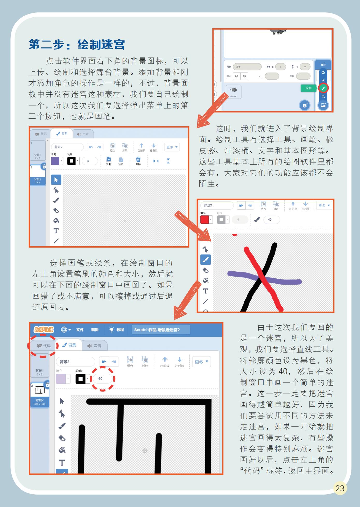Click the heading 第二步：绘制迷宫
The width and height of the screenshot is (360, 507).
pos(77,45)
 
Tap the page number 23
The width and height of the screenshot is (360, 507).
pos(340,488)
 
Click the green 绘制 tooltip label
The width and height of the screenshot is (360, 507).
pos(308,88)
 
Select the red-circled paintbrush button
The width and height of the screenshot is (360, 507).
pos(323,88)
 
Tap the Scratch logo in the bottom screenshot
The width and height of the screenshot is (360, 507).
pos(44,329)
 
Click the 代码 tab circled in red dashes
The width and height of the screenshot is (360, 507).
pos(44,346)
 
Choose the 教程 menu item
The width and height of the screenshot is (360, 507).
pos(117,330)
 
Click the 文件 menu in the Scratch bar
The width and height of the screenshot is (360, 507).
pos(80,330)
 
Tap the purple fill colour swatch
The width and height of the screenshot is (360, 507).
pos(55,161)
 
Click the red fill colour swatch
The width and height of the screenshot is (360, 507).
pos(204,220)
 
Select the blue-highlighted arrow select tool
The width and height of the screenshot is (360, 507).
pos(56,180)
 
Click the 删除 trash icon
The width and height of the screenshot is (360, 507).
pos(138,161)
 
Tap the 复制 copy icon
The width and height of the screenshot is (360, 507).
pos(109,161)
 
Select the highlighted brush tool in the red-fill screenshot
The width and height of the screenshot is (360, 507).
pos(206,260)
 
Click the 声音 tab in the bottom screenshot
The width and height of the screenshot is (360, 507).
pos(94,346)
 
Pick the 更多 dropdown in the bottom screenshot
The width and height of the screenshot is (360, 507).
pos(201,362)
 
